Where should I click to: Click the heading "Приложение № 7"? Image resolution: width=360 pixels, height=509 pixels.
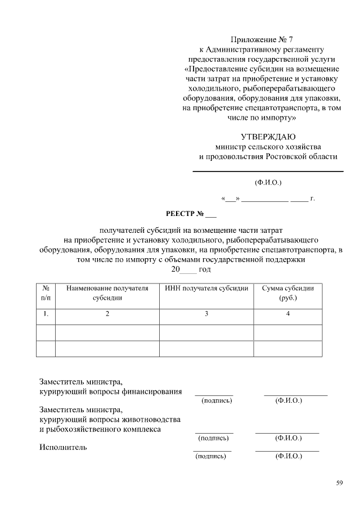[262, 39]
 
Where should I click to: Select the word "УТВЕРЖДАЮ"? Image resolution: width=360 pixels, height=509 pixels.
[268, 137]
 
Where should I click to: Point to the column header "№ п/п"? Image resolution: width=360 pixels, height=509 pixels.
[46, 293]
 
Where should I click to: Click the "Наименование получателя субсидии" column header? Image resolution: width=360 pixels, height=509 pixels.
[107, 293]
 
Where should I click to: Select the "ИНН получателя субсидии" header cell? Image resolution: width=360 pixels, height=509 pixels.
[206, 289]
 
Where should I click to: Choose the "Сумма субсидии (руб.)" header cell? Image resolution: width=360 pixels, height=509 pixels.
[288, 293]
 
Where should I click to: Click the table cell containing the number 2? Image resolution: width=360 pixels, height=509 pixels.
[107, 314]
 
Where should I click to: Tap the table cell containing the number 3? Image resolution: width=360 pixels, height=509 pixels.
[206, 314]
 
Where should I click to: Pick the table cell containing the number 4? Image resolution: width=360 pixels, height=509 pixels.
[288, 314]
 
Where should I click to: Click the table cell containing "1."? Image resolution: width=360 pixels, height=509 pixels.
[46, 314]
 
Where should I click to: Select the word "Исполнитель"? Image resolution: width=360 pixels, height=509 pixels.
[63, 448]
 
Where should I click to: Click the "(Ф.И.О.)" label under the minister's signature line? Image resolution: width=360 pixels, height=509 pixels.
[268, 182]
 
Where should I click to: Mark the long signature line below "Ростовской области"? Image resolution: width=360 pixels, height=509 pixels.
[268, 171]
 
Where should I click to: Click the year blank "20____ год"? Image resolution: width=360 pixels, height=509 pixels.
[191, 270]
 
